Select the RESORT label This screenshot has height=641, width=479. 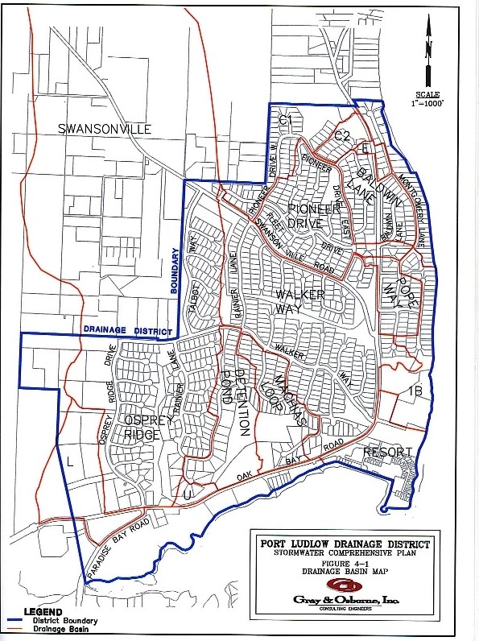pos(387,452)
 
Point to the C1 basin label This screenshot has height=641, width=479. pos(283,121)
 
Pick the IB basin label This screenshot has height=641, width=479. pos(415,391)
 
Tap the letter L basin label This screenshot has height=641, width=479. pos(70,461)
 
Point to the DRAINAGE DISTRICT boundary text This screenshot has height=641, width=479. pos(127,330)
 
